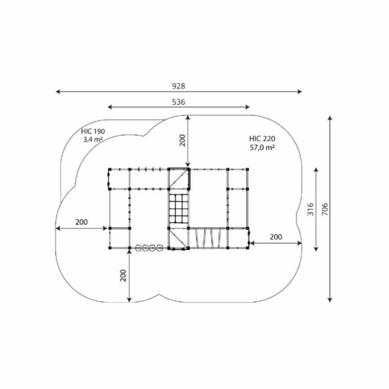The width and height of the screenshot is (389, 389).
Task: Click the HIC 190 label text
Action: pyautogui.click(x=93, y=131)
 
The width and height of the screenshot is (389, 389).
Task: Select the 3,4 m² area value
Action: pyautogui.click(x=93, y=140)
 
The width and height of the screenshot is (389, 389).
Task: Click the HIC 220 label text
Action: pyautogui.click(x=262, y=138)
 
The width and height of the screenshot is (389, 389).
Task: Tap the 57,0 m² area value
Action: pyautogui.click(x=262, y=148)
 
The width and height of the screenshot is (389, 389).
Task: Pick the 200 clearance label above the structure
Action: pyautogui.click(x=182, y=140)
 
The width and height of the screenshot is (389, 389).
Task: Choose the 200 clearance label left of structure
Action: pyautogui.click(x=81, y=222)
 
